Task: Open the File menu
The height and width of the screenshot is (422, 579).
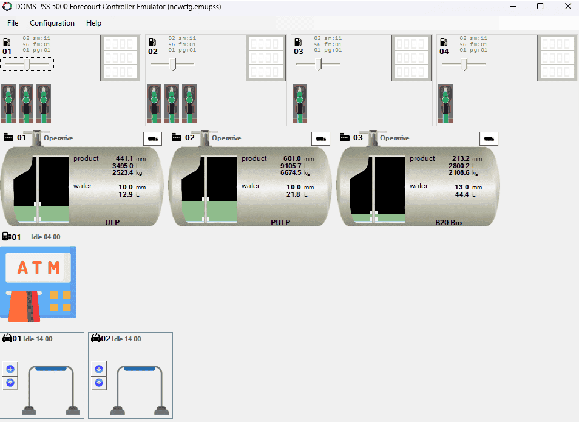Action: [x=13, y=23]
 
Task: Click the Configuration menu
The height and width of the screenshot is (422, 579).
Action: [x=52, y=23]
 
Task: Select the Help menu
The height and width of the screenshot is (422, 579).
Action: [x=93, y=23]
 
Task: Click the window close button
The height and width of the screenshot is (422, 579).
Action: [x=567, y=7]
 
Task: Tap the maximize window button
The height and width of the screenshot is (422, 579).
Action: [x=540, y=7]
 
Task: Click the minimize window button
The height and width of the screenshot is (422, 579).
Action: [x=512, y=7]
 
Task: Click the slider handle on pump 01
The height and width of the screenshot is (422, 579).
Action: [x=29, y=64]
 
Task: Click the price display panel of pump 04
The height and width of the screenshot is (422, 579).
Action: [x=557, y=58]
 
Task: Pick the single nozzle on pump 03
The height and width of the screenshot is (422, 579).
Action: [x=299, y=103]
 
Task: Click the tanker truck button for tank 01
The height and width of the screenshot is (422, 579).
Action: [x=153, y=138]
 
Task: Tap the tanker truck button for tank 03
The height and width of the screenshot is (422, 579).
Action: [x=489, y=138]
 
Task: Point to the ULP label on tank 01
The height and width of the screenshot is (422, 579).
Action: [x=112, y=223]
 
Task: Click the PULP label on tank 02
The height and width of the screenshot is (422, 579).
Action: [x=280, y=223]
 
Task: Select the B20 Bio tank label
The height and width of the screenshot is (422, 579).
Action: [x=449, y=223]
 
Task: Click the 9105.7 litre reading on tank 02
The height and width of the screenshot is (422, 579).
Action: [x=291, y=166]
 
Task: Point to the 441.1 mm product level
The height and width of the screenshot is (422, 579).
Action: [x=124, y=159]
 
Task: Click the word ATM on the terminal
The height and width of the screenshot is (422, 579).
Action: [x=38, y=267]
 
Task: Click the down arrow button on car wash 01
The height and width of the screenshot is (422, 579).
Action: [x=10, y=369]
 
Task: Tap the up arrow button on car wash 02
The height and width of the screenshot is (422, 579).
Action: [x=98, y=383]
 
